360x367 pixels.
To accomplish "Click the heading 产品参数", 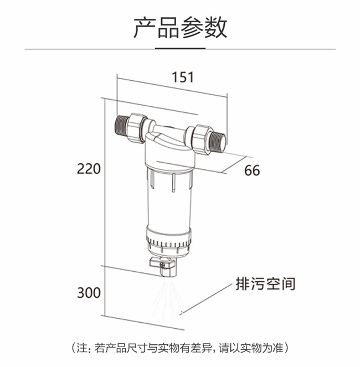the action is [180, 27].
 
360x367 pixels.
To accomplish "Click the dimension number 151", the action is [183, 77].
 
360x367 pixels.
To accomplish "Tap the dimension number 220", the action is [89, 169].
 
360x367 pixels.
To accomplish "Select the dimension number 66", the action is [252, 170].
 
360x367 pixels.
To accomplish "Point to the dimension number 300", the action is [89, 293].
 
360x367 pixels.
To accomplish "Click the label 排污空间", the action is [265, 284].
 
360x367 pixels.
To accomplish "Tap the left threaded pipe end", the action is [121, 127].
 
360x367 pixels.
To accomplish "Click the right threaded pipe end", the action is [218, 142].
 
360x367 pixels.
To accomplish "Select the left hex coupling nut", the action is [137, 128].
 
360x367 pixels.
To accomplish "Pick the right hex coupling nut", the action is [200, 140].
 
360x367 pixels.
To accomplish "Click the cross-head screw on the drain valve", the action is [162, 265].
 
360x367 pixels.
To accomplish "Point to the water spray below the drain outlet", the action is [167, 297].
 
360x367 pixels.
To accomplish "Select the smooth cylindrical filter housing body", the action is [168, 201].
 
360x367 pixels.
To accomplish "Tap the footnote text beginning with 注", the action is [180, 348].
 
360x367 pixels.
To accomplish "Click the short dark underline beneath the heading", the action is [181, 49].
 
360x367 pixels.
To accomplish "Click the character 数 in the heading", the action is [215, 27].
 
